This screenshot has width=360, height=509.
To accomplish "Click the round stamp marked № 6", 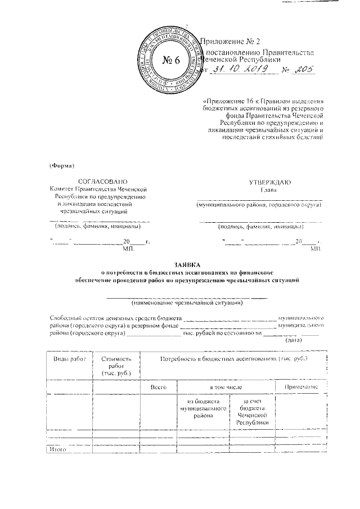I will coord(171,61).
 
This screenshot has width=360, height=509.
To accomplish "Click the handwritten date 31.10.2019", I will coord(238,70).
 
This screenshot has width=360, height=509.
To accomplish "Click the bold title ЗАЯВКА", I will coord(188,265).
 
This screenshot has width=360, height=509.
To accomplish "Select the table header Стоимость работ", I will coord(116,366).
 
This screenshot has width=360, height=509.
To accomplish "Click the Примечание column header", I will coord(300,388).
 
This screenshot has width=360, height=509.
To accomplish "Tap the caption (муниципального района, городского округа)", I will coord(259,205).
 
